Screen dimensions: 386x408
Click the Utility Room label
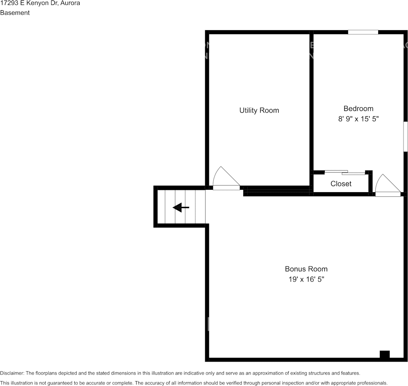(259, 110)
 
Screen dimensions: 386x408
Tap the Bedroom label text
(358, 109)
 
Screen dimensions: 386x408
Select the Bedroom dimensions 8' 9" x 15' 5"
(358, 119)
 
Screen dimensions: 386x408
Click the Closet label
(341, 184)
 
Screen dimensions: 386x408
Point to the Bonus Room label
(306, 269)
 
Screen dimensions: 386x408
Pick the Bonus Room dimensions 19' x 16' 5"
(306, 280)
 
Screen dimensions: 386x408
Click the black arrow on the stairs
(181, 208)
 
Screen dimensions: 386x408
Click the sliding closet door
(345, 172)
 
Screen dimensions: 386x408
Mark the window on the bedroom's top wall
(363, 32)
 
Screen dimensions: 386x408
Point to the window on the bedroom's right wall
(406, 137)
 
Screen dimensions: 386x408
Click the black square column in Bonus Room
(384, 355)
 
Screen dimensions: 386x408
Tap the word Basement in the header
(15, 13)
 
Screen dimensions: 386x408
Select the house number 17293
(9, 3)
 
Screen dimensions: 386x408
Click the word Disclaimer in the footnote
(12, 373)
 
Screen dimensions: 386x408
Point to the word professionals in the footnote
(371, 383)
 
